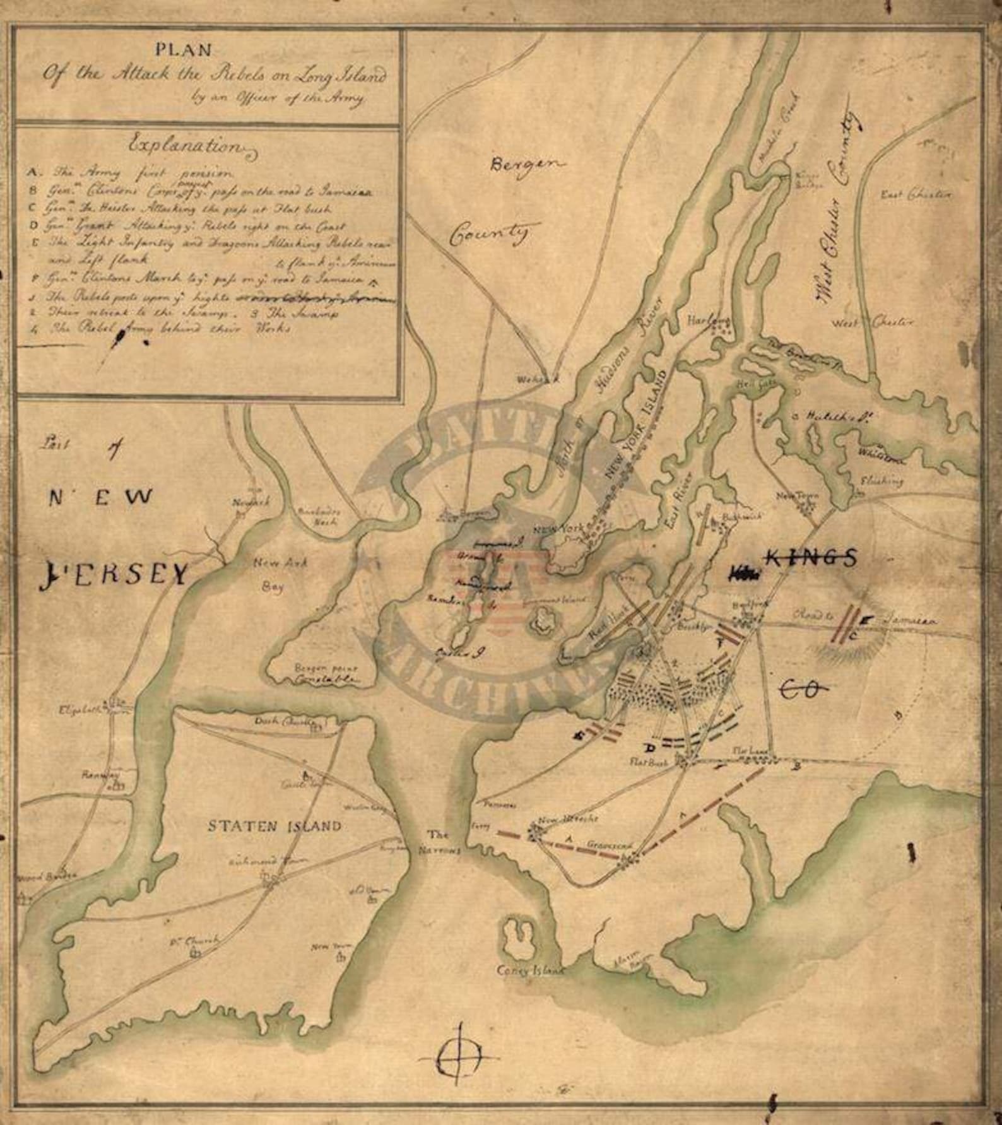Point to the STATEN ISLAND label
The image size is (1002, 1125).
coord(274,826)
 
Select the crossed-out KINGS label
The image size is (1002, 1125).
coord(811,556)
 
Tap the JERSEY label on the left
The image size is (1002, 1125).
coord(114,574)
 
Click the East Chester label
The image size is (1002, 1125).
coord(916,195)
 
